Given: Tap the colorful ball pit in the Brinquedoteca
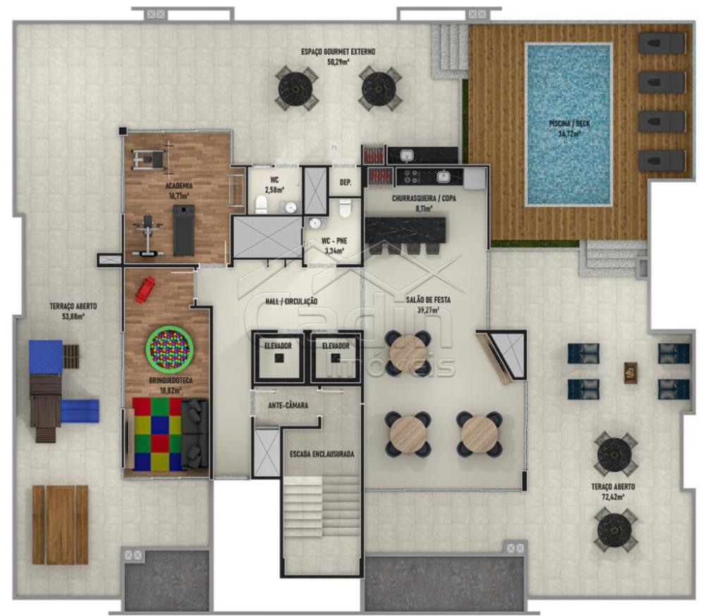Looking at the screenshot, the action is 169,348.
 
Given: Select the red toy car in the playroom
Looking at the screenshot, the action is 145,290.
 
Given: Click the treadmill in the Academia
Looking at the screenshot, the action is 184,230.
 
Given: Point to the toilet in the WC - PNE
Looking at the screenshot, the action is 345,208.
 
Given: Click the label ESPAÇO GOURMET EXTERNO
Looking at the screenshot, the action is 338,52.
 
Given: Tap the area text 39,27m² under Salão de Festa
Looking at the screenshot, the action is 428,310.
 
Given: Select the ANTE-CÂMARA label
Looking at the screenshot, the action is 288,406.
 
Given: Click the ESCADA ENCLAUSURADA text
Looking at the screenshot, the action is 322,454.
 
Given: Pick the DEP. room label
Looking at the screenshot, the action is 345,182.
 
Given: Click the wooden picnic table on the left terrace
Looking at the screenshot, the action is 60,525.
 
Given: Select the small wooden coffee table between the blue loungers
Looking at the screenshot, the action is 631,373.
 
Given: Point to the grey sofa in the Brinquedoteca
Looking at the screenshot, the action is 195,434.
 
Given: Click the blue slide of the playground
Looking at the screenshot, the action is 80,411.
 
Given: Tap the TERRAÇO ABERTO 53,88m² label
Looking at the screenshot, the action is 73,311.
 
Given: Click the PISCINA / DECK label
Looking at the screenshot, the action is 569,128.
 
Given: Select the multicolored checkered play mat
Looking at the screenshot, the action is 157,434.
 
